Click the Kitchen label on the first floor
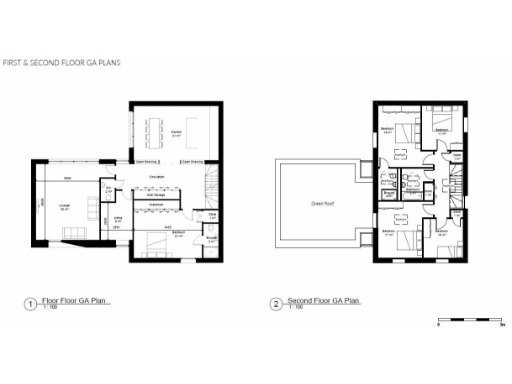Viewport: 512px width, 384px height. [x=176, y=134]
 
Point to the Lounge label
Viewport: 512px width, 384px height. [x=64, y=206]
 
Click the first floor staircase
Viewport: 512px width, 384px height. [x=209, y=185]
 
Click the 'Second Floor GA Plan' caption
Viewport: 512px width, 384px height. [x=322, y=300]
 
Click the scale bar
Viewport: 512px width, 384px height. [x=470, y=320]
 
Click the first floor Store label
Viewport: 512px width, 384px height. [x=213, y=216]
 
